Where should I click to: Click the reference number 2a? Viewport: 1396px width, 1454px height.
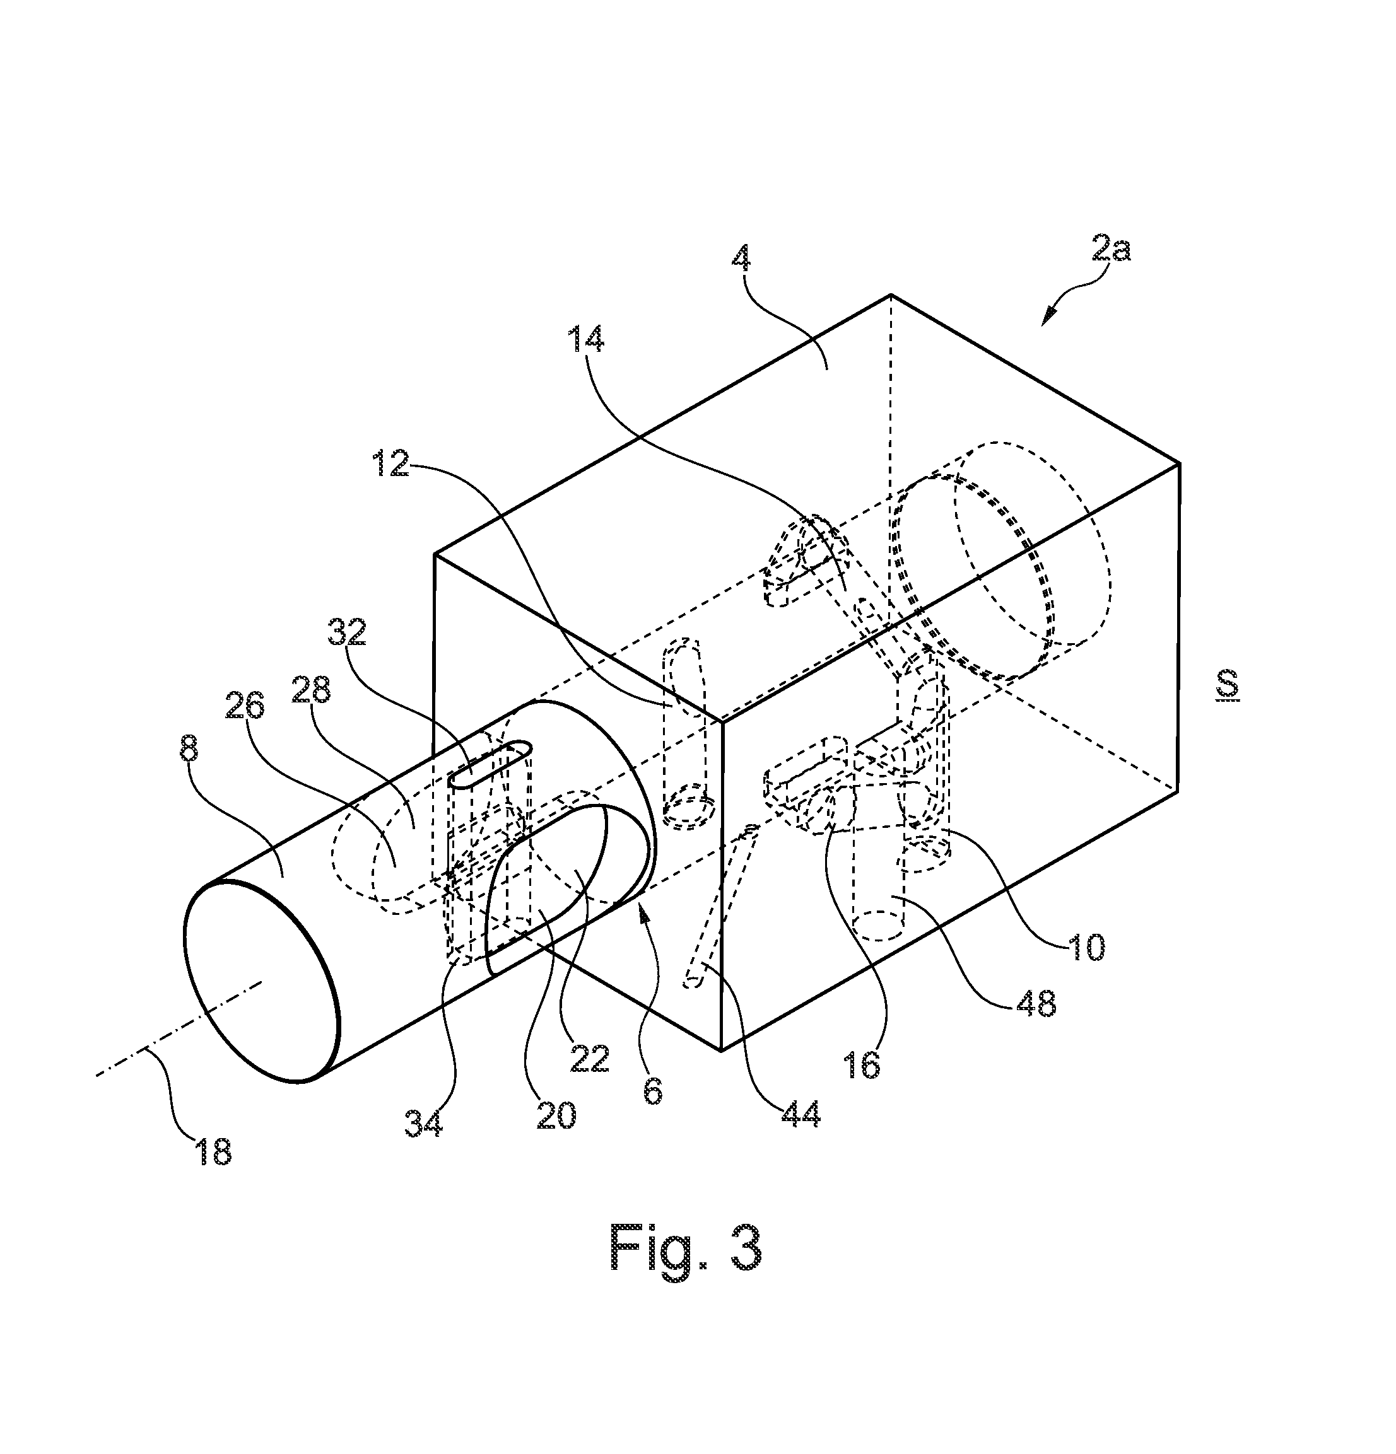[x=1111, y=248]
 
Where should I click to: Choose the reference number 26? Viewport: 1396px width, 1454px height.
[x=245, y=706]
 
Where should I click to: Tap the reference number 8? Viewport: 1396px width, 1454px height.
[x=189, y=748]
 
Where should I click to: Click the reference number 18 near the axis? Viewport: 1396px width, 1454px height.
[x=214, y=1151]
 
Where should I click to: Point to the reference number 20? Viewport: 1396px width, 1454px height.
[x=556, y=1114]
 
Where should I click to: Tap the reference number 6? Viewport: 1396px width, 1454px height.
[x=653, y=1091]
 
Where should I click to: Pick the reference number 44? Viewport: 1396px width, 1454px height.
[x=800, y=1114]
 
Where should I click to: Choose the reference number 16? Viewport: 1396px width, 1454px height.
[x=862, y=1064]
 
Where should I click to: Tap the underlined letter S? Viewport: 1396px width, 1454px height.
[x=1228, y=685]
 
